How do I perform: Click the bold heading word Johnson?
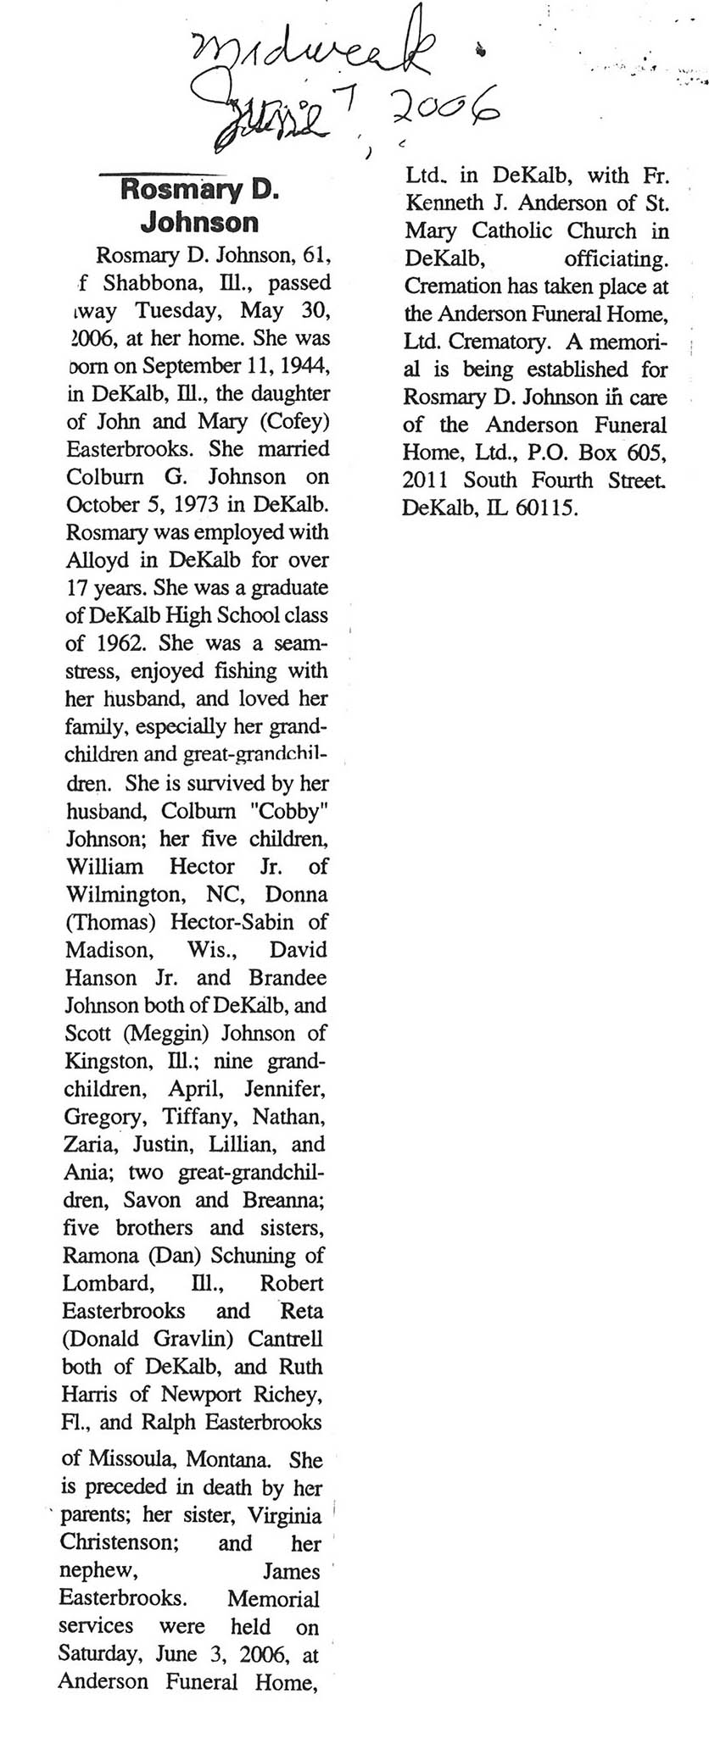(199, 222)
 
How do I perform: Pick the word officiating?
(616, 258)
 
